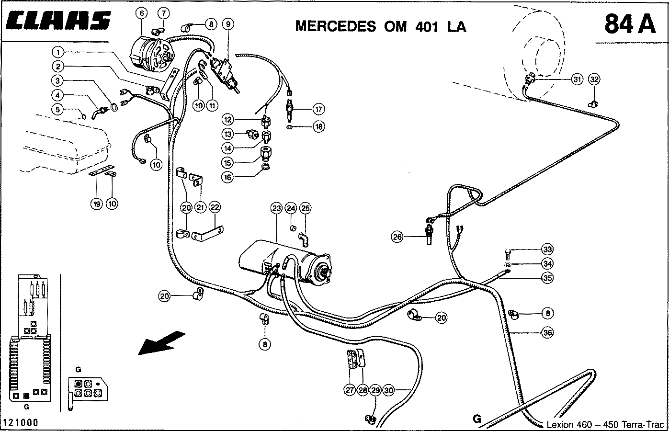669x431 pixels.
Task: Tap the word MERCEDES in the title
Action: pyautogui.click(x=335, y=26)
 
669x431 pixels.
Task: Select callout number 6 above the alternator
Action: pyautogui.click(x=142, y=13)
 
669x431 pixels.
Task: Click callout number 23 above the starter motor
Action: pyautogui.click(x=276, y=208)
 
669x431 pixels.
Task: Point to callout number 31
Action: pyautogui.click(x=577, y=79)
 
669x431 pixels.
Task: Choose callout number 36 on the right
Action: pyautogui.click(x=548, y=331)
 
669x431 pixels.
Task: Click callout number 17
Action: pyautogui.click(x=318, y=109)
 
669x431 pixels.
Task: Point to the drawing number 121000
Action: pyautogui.click(x=20, y=423)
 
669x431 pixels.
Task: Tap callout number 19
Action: pyautogui.click(x=97, y=204)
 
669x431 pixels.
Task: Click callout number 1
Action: pyautogui.click(x=57, y=51)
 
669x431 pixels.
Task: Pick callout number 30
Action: pyautogui.click(x=388, y=390)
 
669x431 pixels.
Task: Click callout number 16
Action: pyautogui.click(x=228, y=177)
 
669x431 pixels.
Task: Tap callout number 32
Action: pyautogui.click(x=594, y=79)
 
